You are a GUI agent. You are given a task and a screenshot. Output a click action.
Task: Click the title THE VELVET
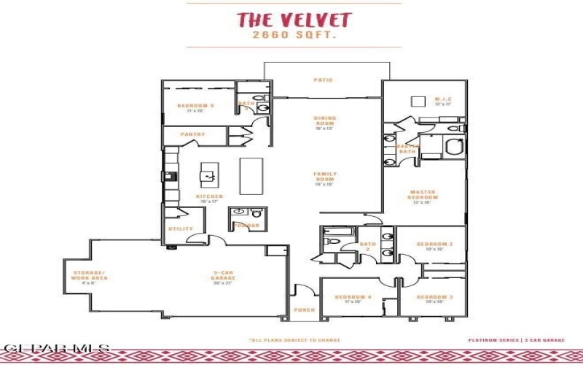click(293, 20)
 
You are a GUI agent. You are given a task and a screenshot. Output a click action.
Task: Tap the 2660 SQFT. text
click(293, 34)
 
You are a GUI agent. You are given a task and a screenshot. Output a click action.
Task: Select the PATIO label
click(323, 80)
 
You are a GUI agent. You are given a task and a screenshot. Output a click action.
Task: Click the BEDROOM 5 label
click(195, 107)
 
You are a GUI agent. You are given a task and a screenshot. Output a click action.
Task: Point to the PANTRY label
click(193, 134)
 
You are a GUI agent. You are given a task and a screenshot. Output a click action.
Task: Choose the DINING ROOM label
click(324, 120)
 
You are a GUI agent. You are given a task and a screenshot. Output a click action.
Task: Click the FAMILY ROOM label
click(324, 176)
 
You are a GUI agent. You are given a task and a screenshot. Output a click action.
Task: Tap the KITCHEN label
click(209, 196)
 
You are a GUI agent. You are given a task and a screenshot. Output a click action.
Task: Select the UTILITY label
click(181, 228)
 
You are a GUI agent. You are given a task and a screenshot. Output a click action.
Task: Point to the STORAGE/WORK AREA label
click(90, 275)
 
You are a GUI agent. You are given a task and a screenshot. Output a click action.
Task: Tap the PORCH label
click(304, 310)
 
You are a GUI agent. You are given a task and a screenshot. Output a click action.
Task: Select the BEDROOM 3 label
click(435, 296)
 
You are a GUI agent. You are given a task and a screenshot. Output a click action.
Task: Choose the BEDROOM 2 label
click(435, 245)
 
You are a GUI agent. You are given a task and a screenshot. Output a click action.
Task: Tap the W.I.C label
click(443, 100)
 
